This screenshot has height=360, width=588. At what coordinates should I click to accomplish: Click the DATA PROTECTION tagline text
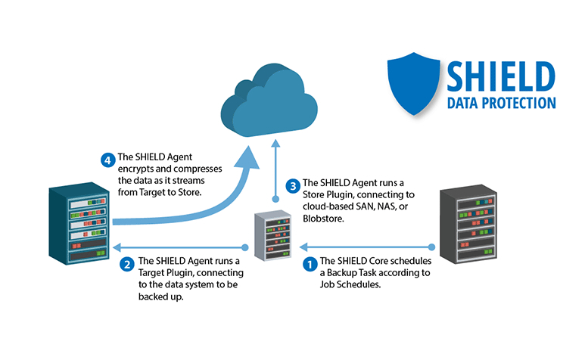501,104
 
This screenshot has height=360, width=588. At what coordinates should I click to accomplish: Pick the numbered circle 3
291,186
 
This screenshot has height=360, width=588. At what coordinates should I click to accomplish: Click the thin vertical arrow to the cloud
276,170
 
